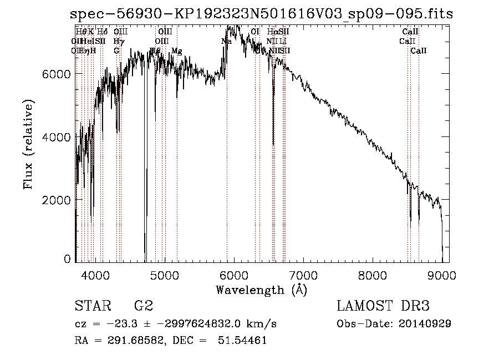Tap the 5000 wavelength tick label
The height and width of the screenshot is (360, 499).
(165, 273)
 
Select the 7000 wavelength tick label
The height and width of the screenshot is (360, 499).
(303, 273)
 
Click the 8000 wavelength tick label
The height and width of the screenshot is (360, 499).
(373, 273)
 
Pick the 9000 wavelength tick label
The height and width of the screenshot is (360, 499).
(442, 273)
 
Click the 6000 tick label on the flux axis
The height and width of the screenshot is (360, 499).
(57, 74)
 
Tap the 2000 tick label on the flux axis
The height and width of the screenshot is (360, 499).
(57, 199)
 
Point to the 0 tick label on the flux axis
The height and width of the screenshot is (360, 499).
(67, 258)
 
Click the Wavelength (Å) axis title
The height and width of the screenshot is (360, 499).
(261, 290)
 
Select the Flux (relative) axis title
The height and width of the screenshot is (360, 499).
(28, 144)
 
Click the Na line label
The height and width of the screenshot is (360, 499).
(226, 42)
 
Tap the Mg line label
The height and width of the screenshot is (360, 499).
(176, 51)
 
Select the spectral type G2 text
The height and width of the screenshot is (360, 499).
(143, 306)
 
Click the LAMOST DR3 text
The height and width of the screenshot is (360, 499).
(383, 306)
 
